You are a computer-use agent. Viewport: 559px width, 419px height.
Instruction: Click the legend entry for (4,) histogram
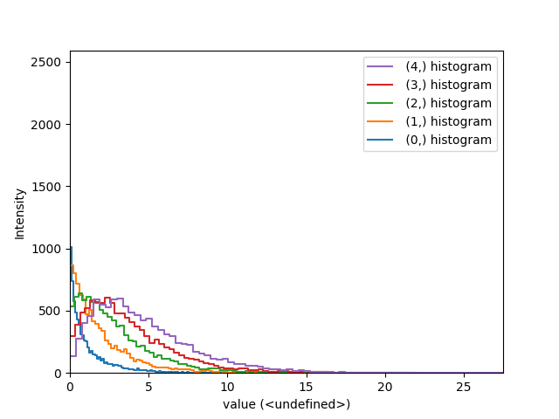coord(448,66)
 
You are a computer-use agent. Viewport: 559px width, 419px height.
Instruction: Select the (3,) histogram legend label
coord(448,85)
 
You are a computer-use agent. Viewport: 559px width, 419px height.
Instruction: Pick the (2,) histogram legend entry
coord(448,103)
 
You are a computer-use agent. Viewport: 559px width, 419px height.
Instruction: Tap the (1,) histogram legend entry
coord(448,121)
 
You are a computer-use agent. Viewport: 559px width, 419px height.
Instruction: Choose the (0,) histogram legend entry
coord(448,140)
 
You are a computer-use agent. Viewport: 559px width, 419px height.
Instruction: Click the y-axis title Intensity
coord(19,212)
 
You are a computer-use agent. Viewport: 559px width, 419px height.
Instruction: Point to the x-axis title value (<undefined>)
coord(286,404)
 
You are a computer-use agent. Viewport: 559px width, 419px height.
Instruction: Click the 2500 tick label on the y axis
coord(45,62)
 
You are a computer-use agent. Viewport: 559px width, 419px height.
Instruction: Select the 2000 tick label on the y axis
coord(45,125)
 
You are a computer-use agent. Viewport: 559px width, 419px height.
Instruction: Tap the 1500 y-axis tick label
coord(45,187)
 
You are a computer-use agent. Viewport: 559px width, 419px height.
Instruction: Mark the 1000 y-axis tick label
coord(45,249)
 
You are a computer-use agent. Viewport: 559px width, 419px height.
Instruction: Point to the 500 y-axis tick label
coord(51,311)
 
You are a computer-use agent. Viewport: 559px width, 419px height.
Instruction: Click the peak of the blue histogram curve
coord(71,247)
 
